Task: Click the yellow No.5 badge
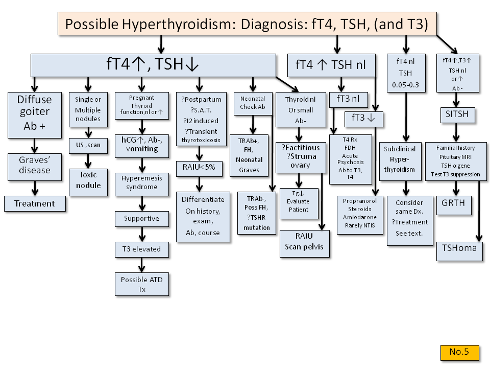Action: coord(459,352)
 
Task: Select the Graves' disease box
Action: coord(35,167)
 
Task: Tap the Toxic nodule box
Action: coord(88,182)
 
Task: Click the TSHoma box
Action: coord(459,251)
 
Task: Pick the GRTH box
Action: coord(454,205)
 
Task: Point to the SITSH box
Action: coord(457,115)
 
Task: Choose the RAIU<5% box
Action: coord(199,169)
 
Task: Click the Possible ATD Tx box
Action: coord(142,284)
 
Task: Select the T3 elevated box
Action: coord(142,249)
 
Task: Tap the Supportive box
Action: coord(142,219)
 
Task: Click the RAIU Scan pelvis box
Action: coord(304,244)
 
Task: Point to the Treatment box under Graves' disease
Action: coord(35,204)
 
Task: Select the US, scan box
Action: coord(88,146)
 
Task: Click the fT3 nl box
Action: coord(349,100)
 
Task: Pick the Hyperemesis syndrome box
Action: coord(142,185)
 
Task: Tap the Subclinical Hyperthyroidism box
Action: coord(400,162)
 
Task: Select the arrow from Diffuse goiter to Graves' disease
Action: coord(35,146)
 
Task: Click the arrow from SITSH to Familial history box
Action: coord(456,133)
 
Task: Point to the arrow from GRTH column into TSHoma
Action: coord(479,211)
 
